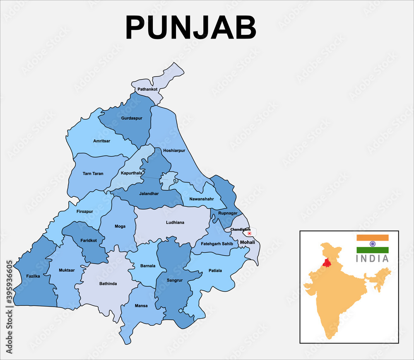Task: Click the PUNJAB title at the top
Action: click(191, 28)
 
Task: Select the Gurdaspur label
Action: click(132, 118)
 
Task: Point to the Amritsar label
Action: click(101, 141)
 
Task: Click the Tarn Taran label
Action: click(93, 174)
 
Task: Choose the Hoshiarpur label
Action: click(174, 151)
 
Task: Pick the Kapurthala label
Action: click(131, 173)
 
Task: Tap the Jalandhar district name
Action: click(149, 193)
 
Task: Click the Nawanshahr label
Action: click(202, 199)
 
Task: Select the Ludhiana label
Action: click(175, 222)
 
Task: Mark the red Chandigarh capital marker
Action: click(250, 233)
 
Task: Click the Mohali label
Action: click(247, 242)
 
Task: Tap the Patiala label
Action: click(215, 271)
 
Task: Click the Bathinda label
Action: click(108, 284)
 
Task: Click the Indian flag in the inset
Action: click(373, 244)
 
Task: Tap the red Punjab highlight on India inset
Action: click(327, 263)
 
